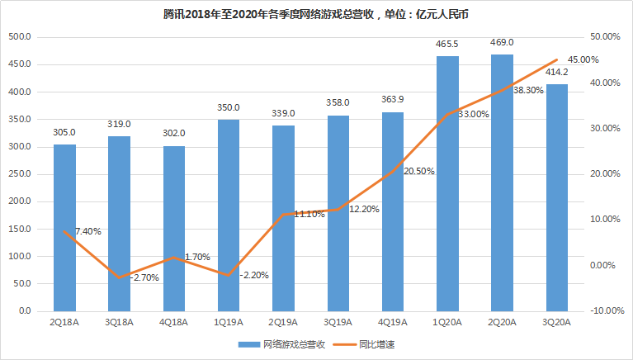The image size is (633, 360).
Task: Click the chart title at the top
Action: pos(317,14)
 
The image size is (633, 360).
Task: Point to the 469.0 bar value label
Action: pos(502,42)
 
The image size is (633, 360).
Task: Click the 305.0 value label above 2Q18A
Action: pos(64,132)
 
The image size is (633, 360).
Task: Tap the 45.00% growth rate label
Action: pos(583,59)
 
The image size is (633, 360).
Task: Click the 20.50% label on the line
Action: pos(418,171)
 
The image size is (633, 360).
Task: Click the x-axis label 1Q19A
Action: pos(229,323)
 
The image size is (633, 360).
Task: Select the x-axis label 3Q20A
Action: pos(556,323)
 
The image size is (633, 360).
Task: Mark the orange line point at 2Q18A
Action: pos(64,231)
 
